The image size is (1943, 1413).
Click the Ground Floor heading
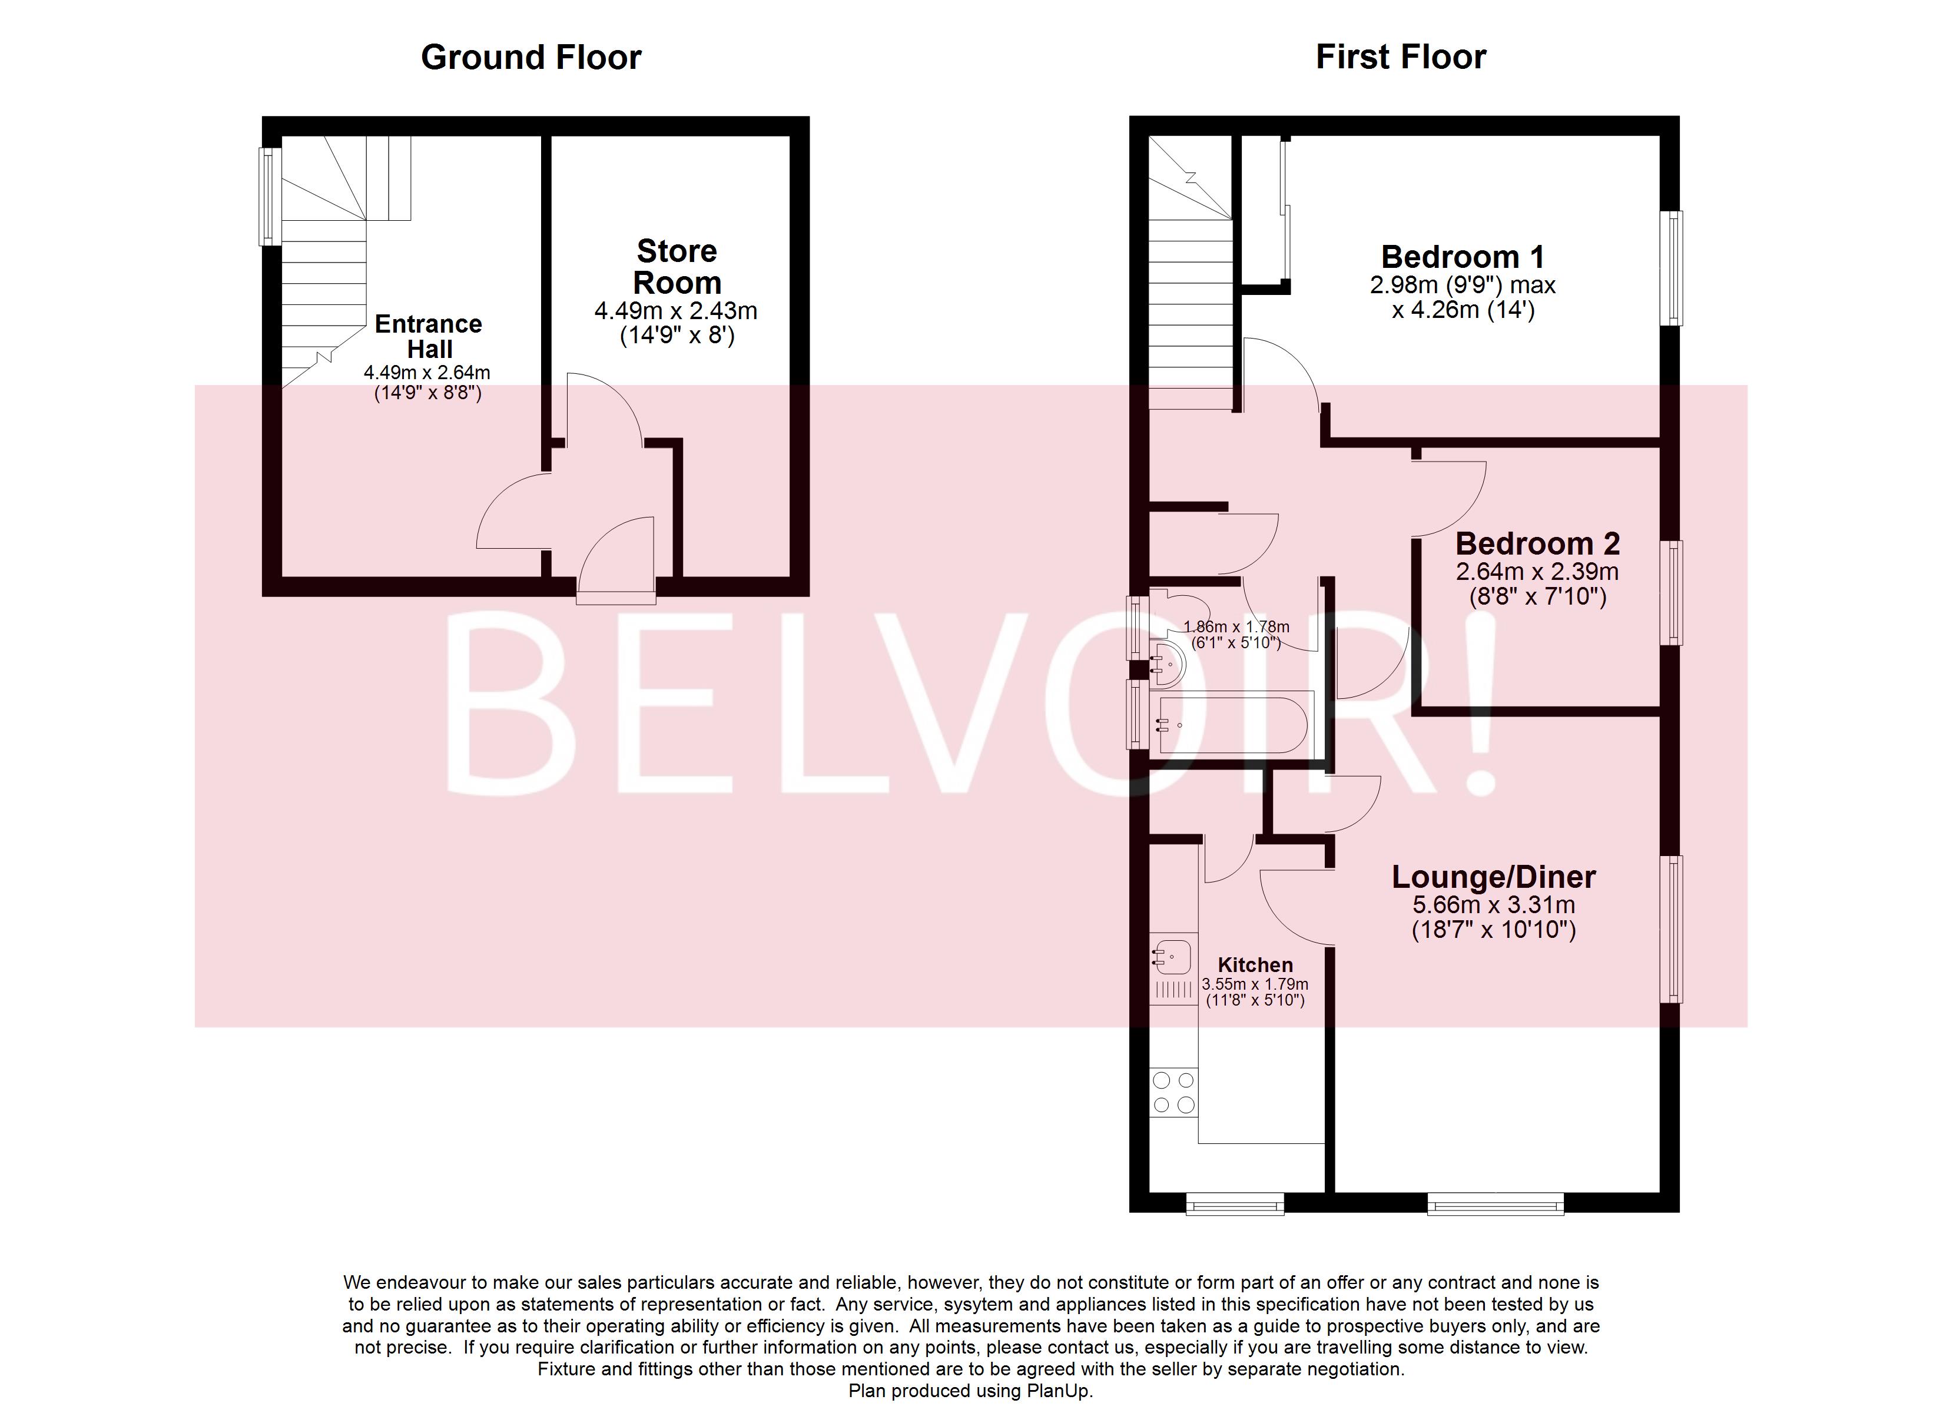tap(530, 58)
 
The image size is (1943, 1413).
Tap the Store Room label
tap(676, 267)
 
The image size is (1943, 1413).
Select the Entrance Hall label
tap(429, 336)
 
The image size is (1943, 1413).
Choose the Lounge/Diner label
tap(1493, 877)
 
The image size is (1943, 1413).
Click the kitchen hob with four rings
tap(1173, 1093)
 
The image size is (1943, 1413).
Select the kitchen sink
tap(1173, 957)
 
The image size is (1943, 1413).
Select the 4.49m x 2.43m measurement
tap(676, 311)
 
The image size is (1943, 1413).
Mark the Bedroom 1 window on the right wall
tap(1670, 268)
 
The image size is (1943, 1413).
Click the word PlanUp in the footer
tap(1062, 1391)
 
